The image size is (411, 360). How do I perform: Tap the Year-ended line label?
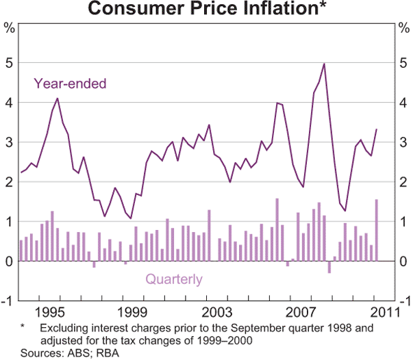(70, 84)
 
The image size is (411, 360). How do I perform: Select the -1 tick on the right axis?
(402, 301)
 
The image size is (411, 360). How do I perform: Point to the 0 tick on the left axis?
(10, 261)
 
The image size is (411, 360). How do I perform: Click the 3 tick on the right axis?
(402, 142)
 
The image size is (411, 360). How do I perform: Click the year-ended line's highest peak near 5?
(323, 64)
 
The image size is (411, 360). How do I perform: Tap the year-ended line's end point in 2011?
(377, 129)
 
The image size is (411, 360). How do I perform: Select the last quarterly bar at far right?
(377, 230)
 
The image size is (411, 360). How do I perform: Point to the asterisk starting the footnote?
(23, 328)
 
